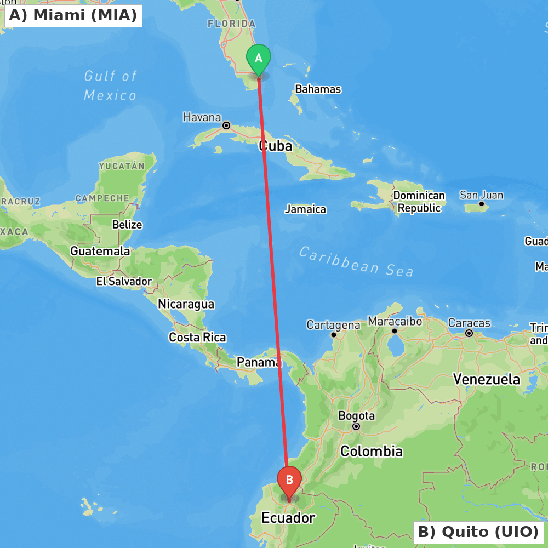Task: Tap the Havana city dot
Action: click(226, 125)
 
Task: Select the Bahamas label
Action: click(318, 89)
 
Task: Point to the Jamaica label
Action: click(305, 209)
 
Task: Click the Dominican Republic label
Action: click(419, 202)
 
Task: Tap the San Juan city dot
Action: click(482, 204)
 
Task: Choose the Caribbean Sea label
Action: click(356, 261)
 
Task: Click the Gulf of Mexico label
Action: click(110, 85)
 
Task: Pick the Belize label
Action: click(127, 225)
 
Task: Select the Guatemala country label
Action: click(100, 251)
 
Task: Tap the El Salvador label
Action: click(124, 281)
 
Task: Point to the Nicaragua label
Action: click(186, 304)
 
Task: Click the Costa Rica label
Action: click(197, 338)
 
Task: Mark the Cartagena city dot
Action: click(333, 334)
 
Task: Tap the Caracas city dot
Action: click(469, 333)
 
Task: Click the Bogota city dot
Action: click(356, 426)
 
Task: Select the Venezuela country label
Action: click(487, 379)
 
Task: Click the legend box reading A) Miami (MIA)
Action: click(73, 15)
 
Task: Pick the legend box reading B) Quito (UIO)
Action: click(478, 532)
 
